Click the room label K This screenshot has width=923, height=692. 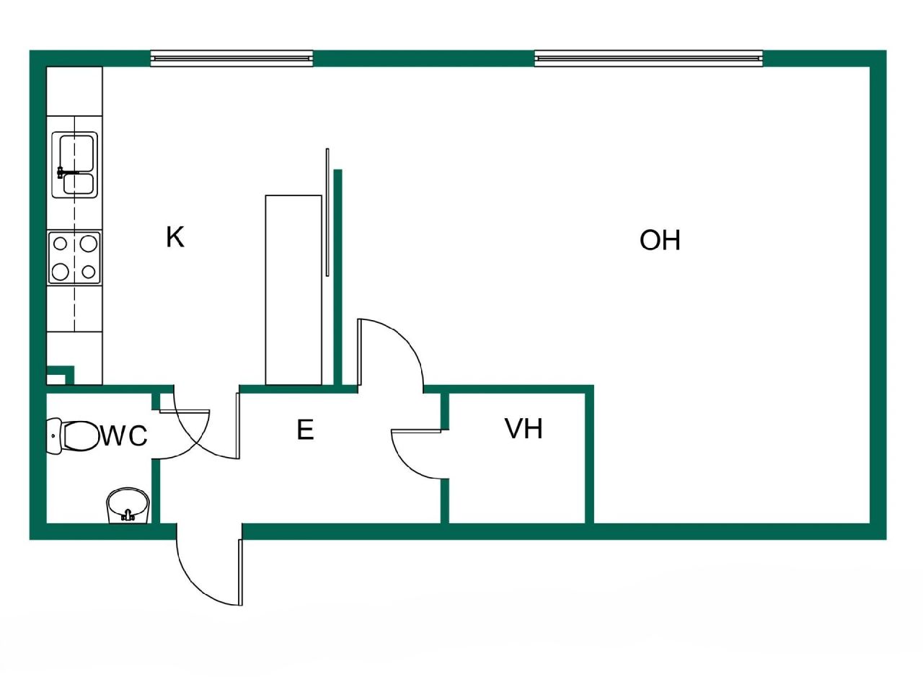click(x=175, y=236)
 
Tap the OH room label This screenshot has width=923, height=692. click(x=660, y=240)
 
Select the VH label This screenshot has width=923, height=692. click(x=524, y=429)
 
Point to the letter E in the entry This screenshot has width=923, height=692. click(x=305, y=430)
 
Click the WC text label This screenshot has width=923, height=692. click(x=124, y=436)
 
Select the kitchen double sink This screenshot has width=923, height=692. click(x=75, y=164)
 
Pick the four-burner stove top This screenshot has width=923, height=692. click(x=75, y=257)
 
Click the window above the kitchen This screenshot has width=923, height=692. click(x=231, y=58)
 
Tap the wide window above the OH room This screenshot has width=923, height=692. click(x=648, y=58)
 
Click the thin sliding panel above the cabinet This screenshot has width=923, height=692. click(x=327, y=212)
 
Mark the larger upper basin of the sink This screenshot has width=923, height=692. click(x=76, y=151)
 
